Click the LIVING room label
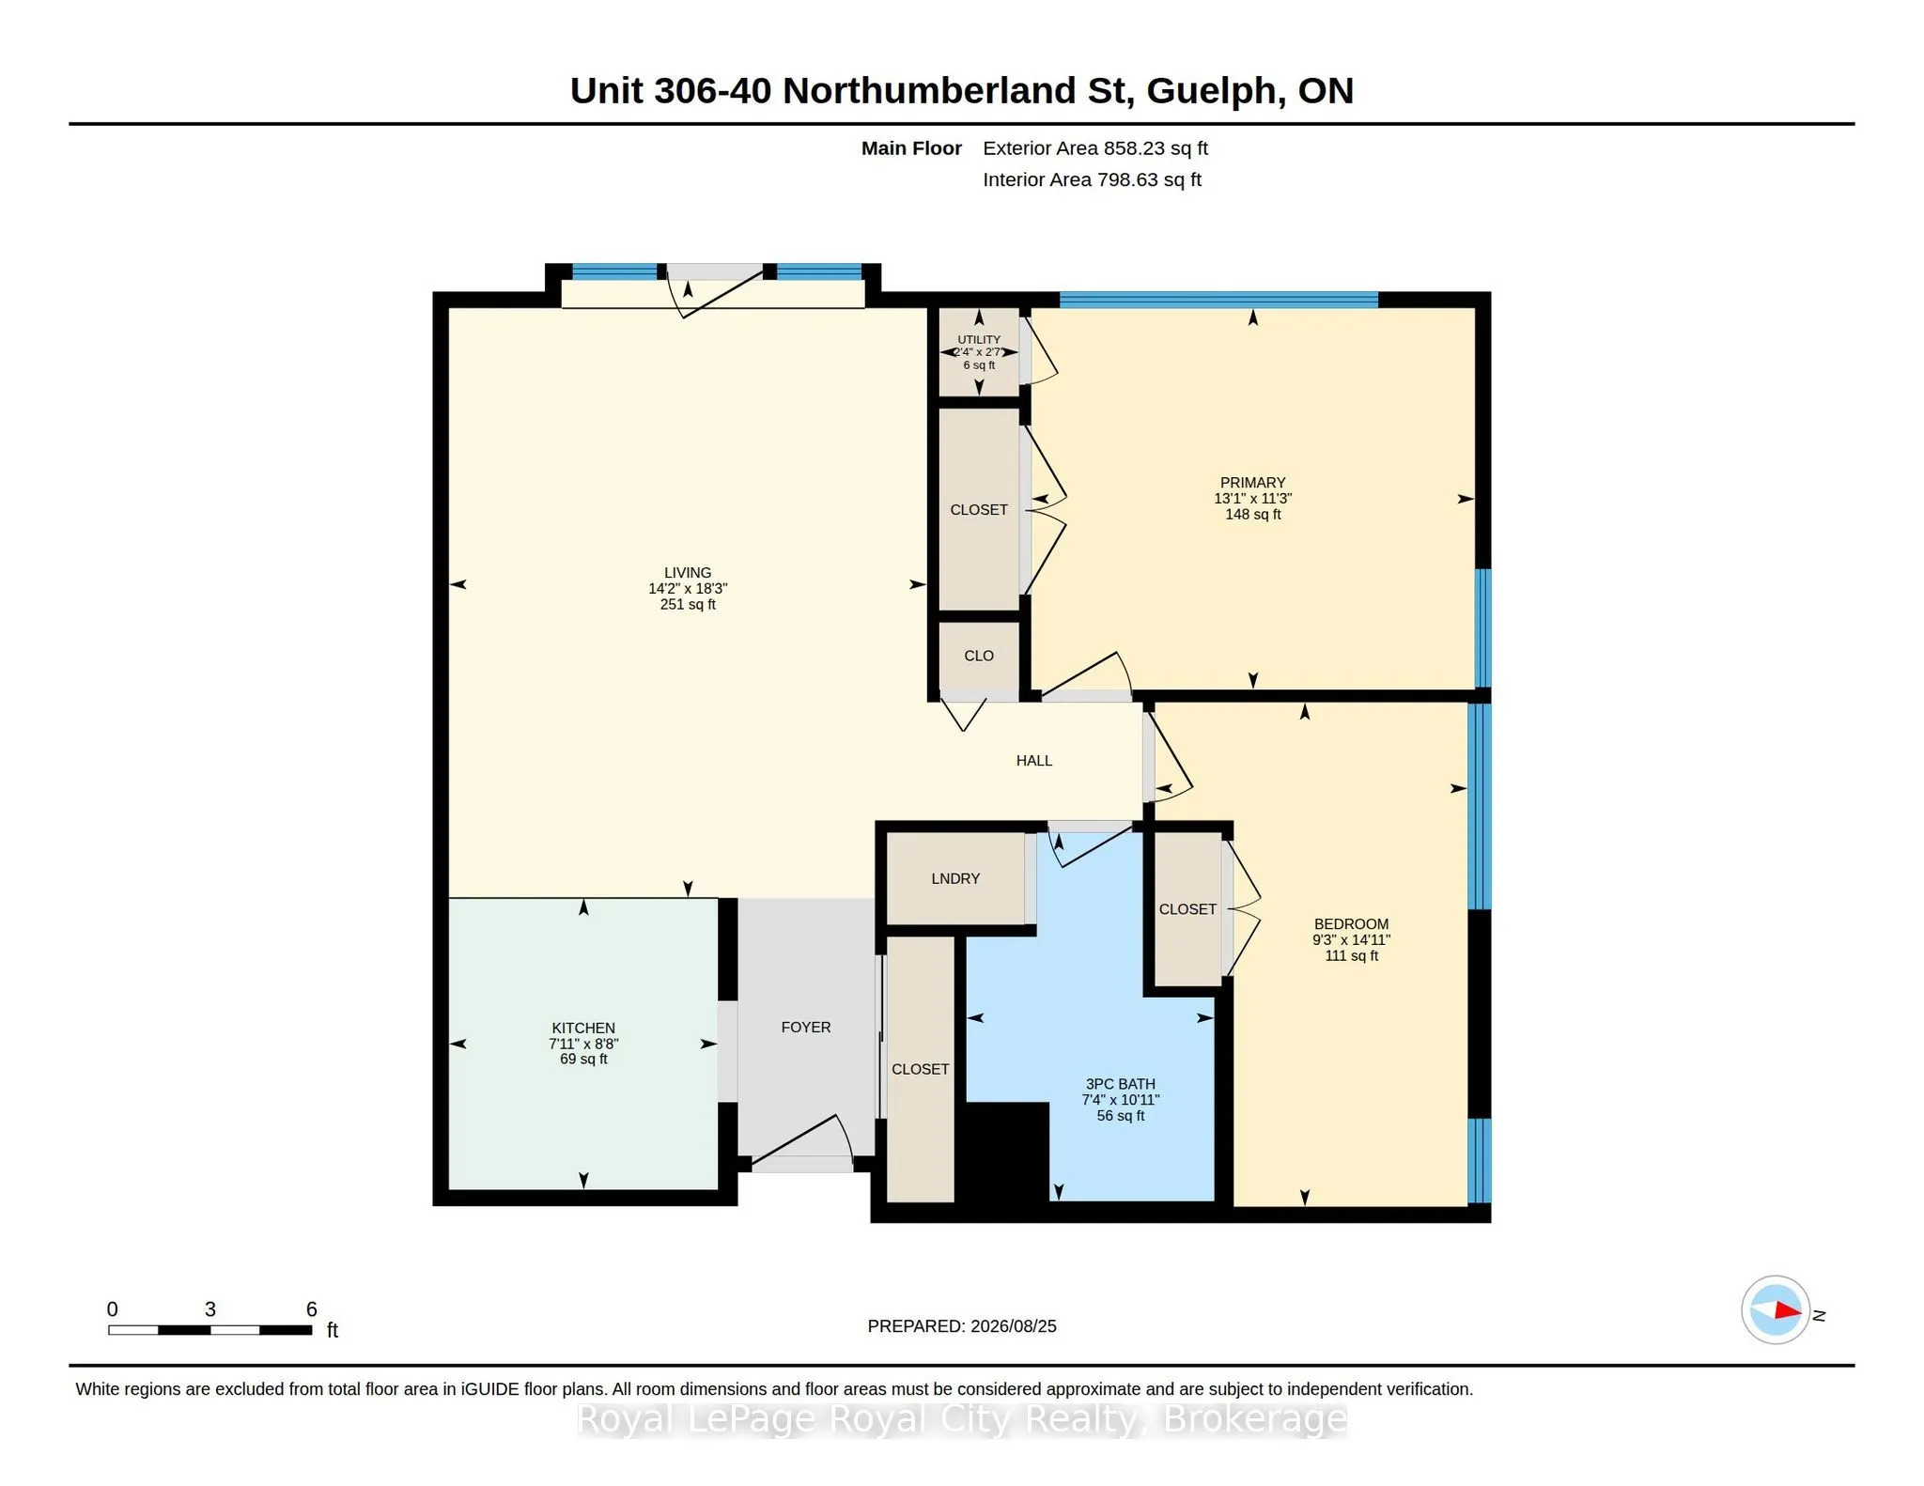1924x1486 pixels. click(x=688, y=572)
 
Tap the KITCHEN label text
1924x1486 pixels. click(x=583, y=1028)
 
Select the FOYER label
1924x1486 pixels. click(x=806, y=1027)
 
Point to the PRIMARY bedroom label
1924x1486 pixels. click(x=1252, y=482)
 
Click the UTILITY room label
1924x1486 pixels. click(x=979, y=339)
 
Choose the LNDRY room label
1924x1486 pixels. click(x=955, y=878)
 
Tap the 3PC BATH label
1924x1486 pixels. click(x=1120, y=1084)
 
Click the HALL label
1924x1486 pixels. click(x=1033, y=761)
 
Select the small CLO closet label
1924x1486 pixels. click(x=978, y=656)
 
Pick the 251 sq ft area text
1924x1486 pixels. click(x=688, y=604)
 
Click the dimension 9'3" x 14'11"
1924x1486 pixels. click(x=1351, y=939)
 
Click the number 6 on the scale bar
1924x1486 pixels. click(x=311, y=1308)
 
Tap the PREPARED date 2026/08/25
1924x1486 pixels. click(x=1013, y=1326)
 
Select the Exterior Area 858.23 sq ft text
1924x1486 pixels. click(x=1094, y=148)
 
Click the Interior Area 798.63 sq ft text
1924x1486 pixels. click(x=1092, y=179)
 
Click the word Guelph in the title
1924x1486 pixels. click(x=1210, y=91)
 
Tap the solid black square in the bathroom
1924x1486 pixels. click(x=1007, y=1152)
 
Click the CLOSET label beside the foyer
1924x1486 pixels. click(x=920, y=1069)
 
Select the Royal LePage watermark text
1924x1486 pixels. click(x=962, y=1419)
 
